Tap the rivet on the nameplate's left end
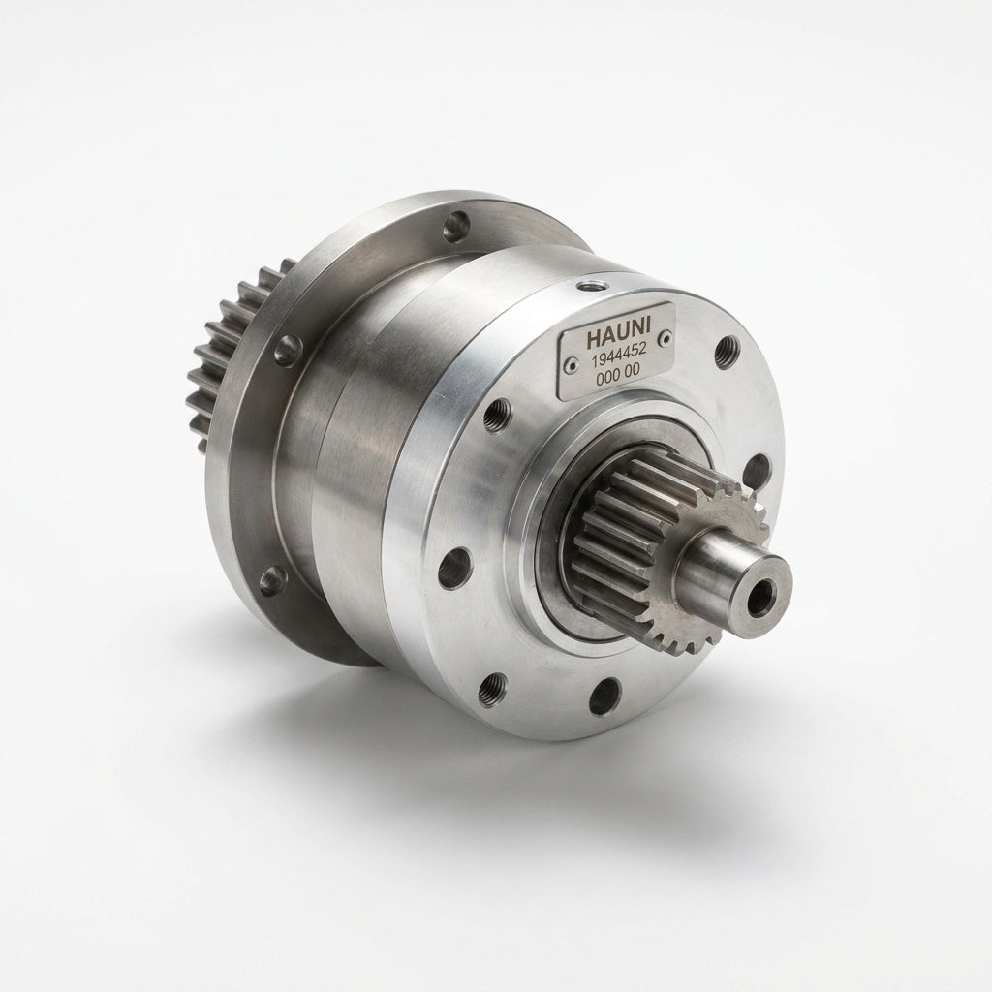point(572,364)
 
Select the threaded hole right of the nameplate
point(728,352)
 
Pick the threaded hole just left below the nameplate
point(498,417)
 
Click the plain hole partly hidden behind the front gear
point(755,470)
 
